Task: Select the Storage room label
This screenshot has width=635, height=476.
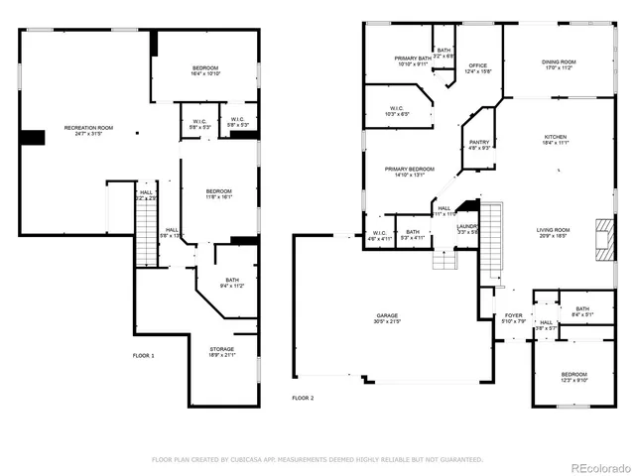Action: pyautogui.click(x=222, y=351)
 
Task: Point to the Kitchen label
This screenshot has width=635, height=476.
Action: pyautogui.click(x=556, y=139)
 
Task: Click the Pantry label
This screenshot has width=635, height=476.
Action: pyautogui.click(x=479, y=144)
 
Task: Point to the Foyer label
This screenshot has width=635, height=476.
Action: pyautogui.click(x=512, y=317)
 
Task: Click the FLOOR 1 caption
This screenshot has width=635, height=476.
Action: pyautogui.click(x=144, y=354)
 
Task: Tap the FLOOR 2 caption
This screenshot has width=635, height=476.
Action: pyautogui.click(x=303, y=397)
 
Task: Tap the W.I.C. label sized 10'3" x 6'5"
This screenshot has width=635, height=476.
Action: pyautogui.click(x=396, y=111)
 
